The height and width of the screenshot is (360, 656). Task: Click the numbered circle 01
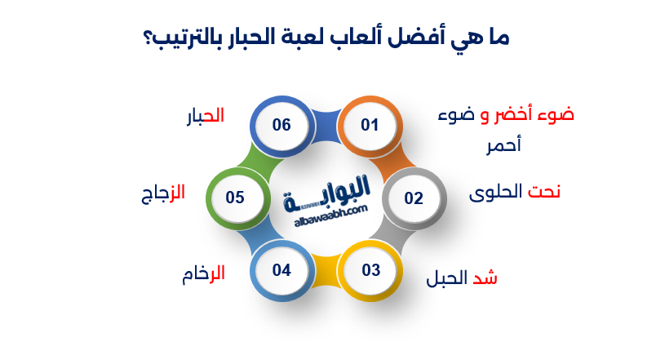tap(370, 125)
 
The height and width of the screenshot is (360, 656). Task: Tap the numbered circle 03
tap(370, 270)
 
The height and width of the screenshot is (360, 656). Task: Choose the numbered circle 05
tap(236, 198)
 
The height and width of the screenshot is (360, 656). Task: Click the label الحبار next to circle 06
tap(205, 116)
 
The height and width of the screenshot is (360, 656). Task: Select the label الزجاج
tap(163, 193)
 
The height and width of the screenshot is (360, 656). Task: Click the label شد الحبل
tap(462, 278)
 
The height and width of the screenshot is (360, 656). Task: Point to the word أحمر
tap(502, 145)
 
